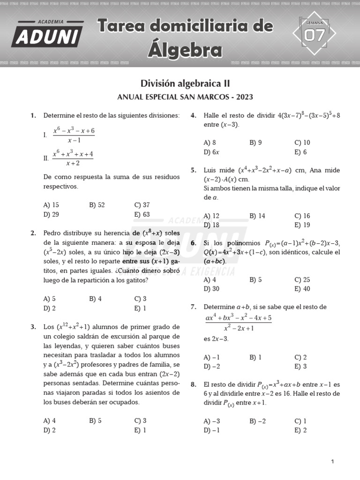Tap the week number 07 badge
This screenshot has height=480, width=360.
(314, 35)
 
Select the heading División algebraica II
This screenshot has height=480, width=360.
(185, 83)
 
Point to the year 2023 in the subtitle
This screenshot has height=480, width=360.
(245, 97)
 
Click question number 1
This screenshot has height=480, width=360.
(33, 115)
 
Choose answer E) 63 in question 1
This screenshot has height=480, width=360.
(142, 215)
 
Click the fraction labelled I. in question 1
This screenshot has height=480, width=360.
(74, 135)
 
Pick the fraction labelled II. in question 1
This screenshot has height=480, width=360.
(73, 158)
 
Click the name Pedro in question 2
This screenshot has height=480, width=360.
(52, 233)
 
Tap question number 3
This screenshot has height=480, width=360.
(33, 327)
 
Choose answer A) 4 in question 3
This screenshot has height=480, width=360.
(50, 420)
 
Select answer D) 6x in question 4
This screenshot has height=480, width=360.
(211, 152)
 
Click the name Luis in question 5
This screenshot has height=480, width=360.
(211, 170)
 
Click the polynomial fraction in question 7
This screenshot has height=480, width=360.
(239, 323)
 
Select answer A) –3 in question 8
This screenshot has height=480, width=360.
(212, 421)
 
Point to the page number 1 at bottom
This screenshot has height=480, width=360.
(332, 462)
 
